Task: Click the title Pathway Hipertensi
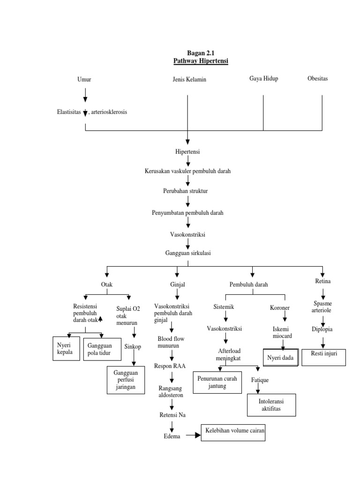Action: pos(201,61)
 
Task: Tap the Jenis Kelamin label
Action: pos(189,80)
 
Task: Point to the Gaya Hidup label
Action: pos(263,78)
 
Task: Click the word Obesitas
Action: pos(317,78)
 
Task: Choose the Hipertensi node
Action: pos(187,151)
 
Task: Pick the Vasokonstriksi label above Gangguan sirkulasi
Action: pos(187,233)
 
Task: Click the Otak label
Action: pos(107,285)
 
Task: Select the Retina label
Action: pos(323,281)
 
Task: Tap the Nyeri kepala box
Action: pos(67,348)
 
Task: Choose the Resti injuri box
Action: pos(324,357)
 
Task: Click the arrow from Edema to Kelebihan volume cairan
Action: pos(192,435)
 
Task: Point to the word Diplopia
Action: pos(322,329)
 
